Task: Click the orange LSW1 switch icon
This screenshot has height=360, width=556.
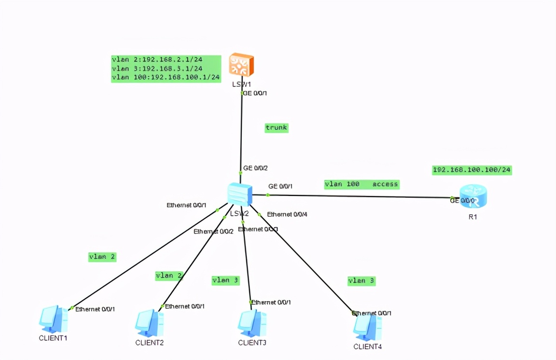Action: [241, 65]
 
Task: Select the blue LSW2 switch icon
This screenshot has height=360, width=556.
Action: [240, 194]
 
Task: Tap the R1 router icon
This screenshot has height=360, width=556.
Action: [473, 196]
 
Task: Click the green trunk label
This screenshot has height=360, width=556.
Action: [277, 128]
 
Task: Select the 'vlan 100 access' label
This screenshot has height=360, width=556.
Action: [361, 184]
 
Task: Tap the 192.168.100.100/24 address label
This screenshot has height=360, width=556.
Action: [472, 170]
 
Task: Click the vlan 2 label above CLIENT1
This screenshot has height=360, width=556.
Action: [102, 257]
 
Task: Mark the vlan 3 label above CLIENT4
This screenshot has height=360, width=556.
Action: [361, 280]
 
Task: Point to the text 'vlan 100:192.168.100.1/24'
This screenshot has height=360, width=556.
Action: [166, 77]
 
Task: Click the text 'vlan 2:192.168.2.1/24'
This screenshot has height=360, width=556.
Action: [157, 60]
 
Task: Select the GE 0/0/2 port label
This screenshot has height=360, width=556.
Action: [255, 168]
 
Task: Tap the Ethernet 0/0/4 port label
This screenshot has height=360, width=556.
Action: [287, 214]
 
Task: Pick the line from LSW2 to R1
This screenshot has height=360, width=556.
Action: [357, 196]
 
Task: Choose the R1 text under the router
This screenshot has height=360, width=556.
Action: [473, 217]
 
